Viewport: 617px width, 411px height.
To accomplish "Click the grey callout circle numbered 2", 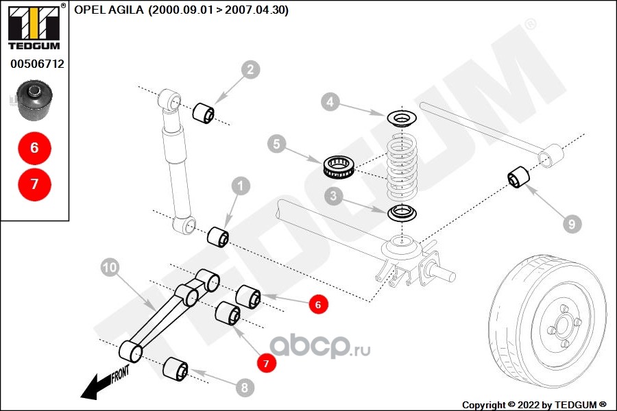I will pos(250,69).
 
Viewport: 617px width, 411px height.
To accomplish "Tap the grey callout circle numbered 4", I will pos(330,103).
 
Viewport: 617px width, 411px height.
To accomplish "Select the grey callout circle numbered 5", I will pos(276,145).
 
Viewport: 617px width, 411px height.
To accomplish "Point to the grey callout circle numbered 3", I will pos(334,197).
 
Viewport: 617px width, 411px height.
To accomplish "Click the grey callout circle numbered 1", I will pos(240,185).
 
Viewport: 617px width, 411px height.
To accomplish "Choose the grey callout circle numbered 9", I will pos(571,223).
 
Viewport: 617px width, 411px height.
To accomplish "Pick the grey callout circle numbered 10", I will pos(110,267).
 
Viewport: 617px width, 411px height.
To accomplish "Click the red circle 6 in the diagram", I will pos(317,304).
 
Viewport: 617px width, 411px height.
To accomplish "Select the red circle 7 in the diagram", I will pos(265,362).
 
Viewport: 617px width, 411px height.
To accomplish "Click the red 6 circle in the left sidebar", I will pos(34,147).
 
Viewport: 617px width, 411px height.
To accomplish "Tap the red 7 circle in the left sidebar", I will pos(34,184).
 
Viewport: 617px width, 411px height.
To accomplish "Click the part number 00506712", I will pos(37,64).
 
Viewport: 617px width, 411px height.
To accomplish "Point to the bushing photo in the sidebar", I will pos(35,101).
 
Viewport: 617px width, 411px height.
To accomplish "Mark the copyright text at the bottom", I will pos(535,404).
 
